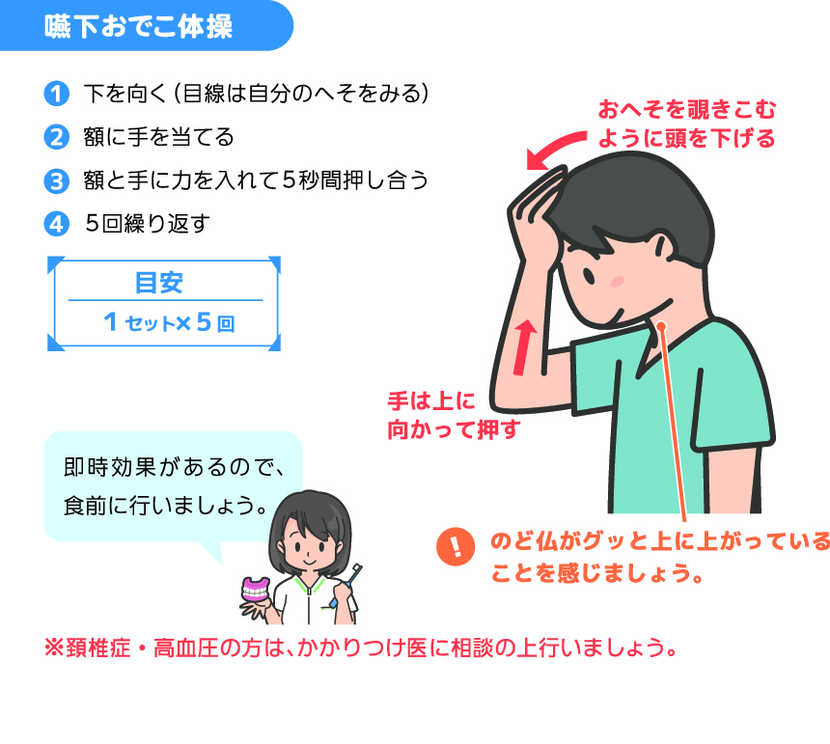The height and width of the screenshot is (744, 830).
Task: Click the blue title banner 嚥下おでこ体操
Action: click(146, 25)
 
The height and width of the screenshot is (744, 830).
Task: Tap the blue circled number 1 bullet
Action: click(57, 95)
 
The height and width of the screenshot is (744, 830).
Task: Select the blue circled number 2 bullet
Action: click(57, 138)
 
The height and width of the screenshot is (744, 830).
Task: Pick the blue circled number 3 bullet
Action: click(57, 181)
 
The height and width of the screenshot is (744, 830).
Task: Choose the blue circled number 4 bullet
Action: click(57, 224)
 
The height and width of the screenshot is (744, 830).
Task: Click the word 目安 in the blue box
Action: click(159, 283)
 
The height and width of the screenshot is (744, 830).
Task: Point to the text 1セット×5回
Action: click(170, 322)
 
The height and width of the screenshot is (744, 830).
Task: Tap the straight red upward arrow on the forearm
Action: click(524, 346)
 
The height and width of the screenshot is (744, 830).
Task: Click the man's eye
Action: click(589, 275)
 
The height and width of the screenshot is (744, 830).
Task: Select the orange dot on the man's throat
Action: click(662, 326)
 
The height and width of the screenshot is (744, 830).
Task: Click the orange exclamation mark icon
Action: click(456, 546)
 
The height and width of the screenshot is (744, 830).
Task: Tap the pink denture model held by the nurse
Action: click(256, 590)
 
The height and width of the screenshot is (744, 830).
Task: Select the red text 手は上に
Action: click(432, 401)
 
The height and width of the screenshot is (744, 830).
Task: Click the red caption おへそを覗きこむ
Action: click(687, 110)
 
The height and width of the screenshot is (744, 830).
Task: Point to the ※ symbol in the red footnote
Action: click(54, 648)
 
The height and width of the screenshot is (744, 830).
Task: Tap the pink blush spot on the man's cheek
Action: click(618, 281)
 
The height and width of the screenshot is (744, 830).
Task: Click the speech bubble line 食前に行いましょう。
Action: click(166, 506)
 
